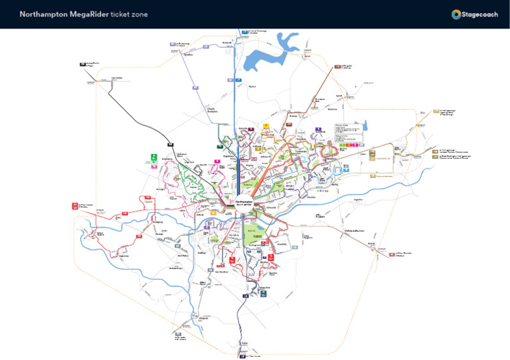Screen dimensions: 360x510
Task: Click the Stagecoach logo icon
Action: tap(456, 14)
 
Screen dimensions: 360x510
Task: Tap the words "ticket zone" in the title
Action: tap(129, 14)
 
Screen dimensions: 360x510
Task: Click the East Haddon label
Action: tap(117, 77)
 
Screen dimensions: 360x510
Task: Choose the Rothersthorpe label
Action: tap(175, 268)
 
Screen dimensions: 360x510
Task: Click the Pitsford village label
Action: tap(252, 86)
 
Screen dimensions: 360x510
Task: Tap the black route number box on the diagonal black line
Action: tap(170, 144)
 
